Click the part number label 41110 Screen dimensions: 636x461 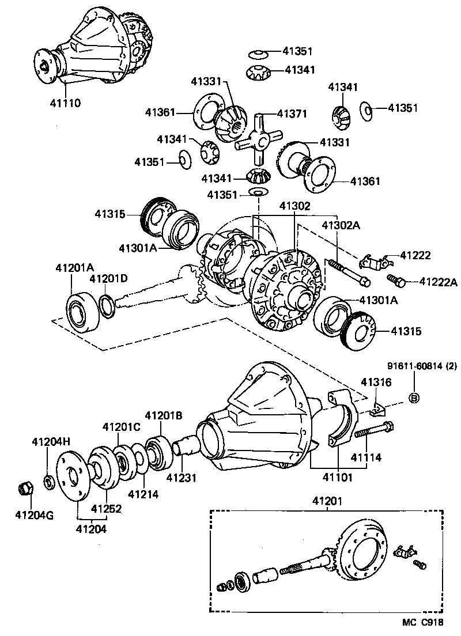point(65,103)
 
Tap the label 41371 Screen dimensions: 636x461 point(294,114)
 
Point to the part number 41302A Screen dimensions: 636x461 point(341,225)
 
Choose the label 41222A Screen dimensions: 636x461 point(438,282)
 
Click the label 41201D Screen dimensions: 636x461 point(108,279)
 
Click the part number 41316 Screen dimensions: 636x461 point(376,381)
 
